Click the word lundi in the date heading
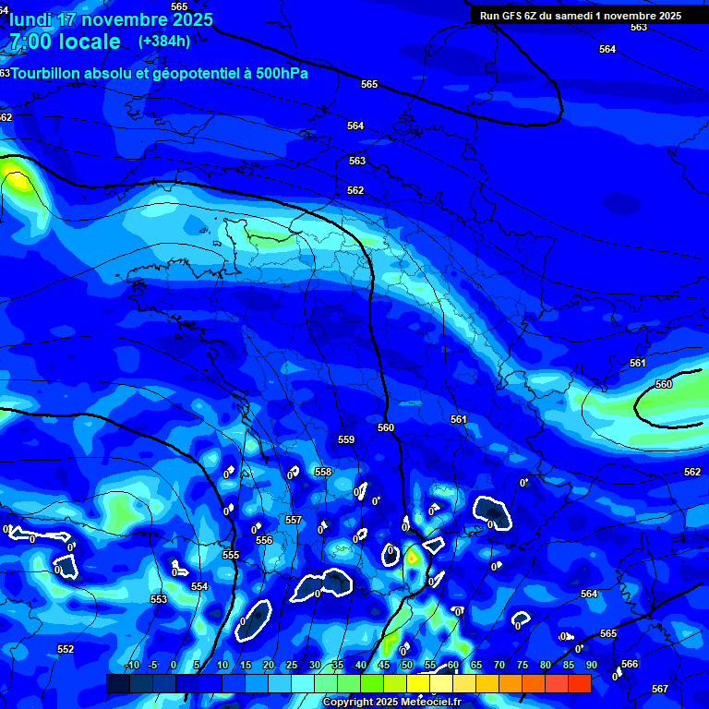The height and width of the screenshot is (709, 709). tap(30, 19)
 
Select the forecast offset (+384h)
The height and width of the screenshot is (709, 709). tap(163, 41)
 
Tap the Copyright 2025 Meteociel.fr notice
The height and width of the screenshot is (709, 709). tap(391, 703)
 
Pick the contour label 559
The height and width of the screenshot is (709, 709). tap(346, 440)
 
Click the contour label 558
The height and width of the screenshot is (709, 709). tap(323, 472)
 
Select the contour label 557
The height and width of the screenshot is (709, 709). tap(294, 521)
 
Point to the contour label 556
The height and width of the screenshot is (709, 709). tap(264, 540)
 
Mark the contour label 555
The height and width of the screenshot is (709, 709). tap(231, 555)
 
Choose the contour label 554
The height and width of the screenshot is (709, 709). tap(199, 586)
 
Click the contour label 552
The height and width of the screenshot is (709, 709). tap(66, 649)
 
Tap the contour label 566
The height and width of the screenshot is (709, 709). tap(630, 664)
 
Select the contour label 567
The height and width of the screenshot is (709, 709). tap(660, 690)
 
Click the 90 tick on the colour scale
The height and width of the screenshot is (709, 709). tap(591, 665)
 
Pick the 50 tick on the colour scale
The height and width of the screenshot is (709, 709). tap(407, 665)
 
